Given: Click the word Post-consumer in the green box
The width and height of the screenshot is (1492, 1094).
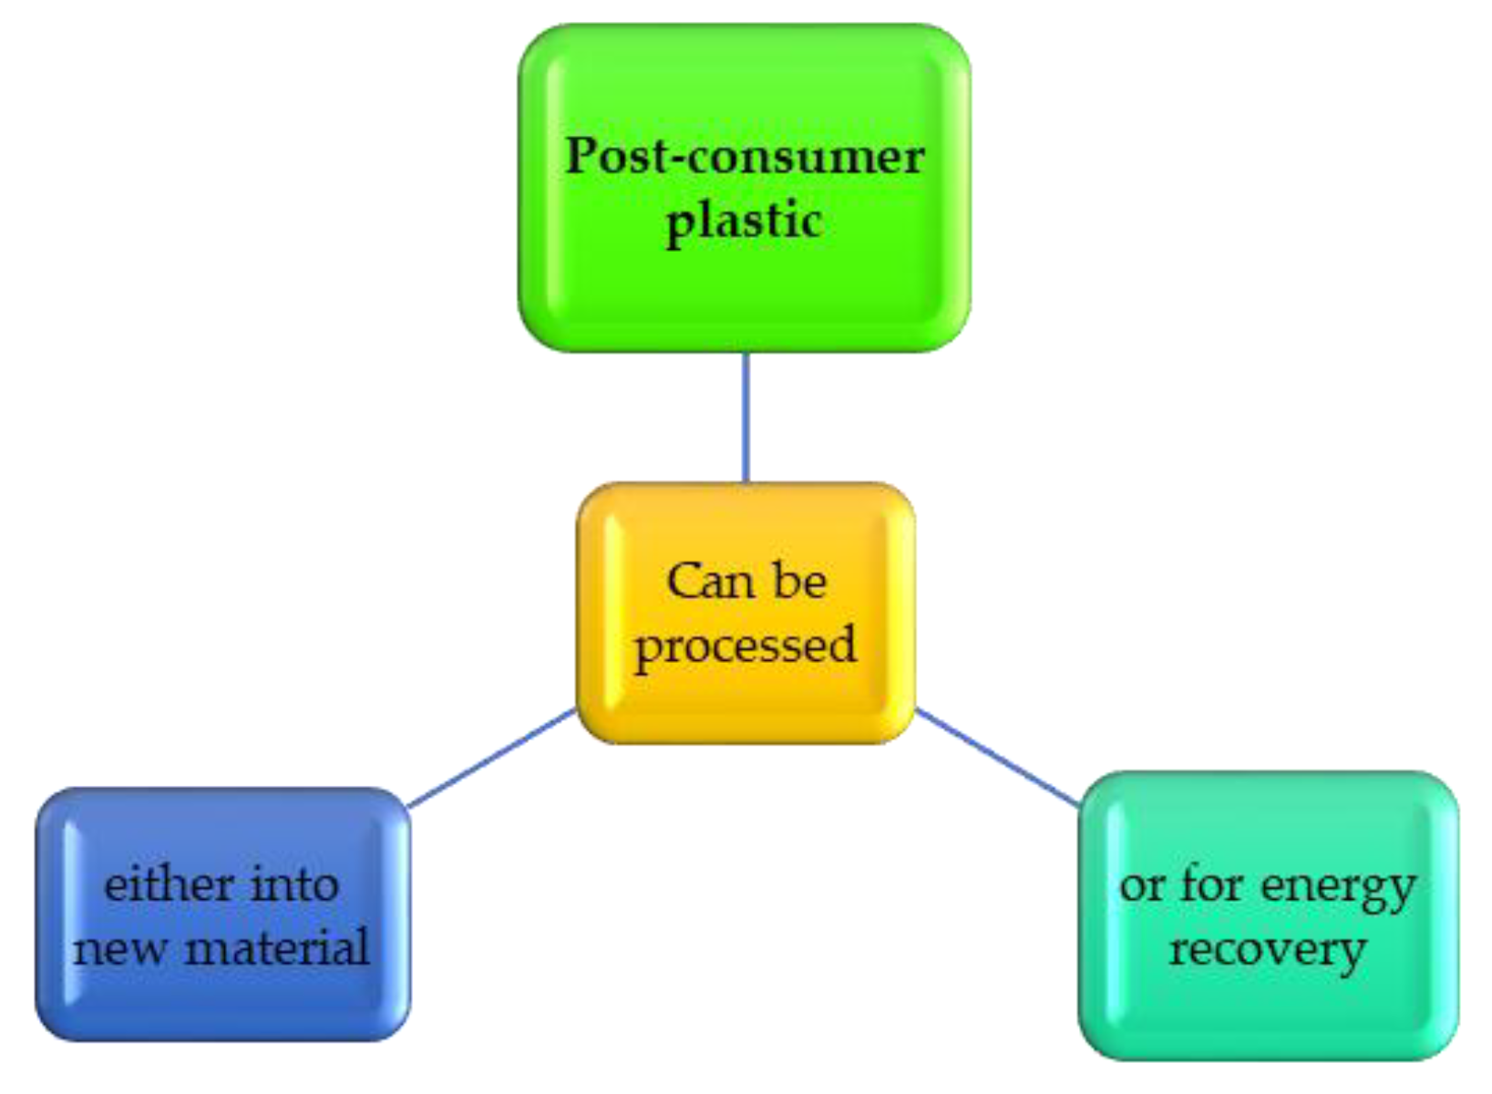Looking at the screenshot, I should tap(745, 156).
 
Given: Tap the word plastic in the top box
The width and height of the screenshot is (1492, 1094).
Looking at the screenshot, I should tap(745, 222).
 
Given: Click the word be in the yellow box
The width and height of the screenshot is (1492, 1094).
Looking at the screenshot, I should tap(798, 581).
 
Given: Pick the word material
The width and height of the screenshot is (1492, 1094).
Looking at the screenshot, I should tap(277, 948).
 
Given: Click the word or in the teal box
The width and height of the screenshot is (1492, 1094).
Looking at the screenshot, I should tap(1141, 885).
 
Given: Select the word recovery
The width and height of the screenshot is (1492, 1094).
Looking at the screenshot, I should tap(1268, 951).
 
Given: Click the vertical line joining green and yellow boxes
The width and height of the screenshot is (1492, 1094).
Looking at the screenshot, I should tap(746, 417).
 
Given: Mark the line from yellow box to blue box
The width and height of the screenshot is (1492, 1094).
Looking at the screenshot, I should tap(492, 759).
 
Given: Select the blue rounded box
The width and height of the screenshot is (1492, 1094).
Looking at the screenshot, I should tap(223, 1003).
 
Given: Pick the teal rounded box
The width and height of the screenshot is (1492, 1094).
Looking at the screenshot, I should tap(1268, 1012).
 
